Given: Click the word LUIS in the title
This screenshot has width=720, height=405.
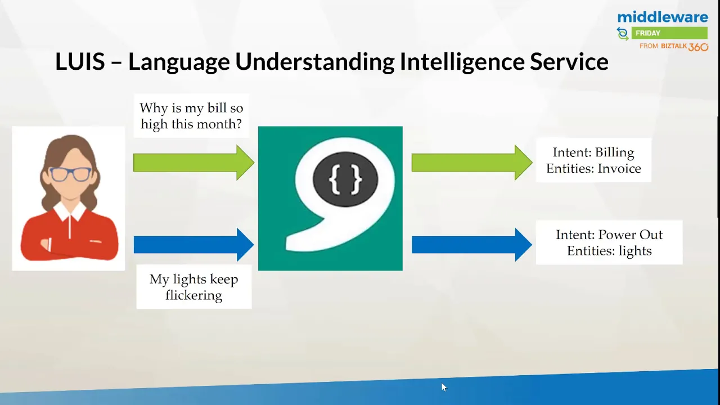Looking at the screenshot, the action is (x=80, y=61).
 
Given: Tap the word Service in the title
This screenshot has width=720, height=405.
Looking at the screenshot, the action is (x=569, y=61).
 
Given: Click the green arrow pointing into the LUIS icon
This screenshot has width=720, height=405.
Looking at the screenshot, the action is (x=194, y=163).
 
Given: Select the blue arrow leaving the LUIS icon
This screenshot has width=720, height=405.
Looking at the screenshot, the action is (x=472, y=245).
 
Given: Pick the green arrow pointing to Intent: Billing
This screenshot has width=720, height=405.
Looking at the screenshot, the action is (x=472, y=163).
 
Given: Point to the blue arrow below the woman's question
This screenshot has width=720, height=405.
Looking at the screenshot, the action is (x=194, y=245).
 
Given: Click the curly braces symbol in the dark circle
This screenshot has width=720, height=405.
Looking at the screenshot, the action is (x=345, y=179).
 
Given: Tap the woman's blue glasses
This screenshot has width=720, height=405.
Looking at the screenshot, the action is (x=70, y=174).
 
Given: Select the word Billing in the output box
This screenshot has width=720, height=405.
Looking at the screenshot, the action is (x=615, y=152).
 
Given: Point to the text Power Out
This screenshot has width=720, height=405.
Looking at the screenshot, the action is (x=630, y=235).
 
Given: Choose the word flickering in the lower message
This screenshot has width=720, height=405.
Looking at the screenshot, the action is (x=194, y=295).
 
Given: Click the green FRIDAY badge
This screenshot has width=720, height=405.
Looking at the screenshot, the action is (x=669, y=33).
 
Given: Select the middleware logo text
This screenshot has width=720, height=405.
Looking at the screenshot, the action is (x=663, y=17).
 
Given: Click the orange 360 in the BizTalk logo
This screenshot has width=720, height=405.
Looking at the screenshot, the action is (x=698, y=47).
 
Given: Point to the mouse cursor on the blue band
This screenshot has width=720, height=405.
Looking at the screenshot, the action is (x=444, y=387).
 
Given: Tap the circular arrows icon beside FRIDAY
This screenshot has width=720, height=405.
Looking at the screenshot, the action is (x=623, y=34).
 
